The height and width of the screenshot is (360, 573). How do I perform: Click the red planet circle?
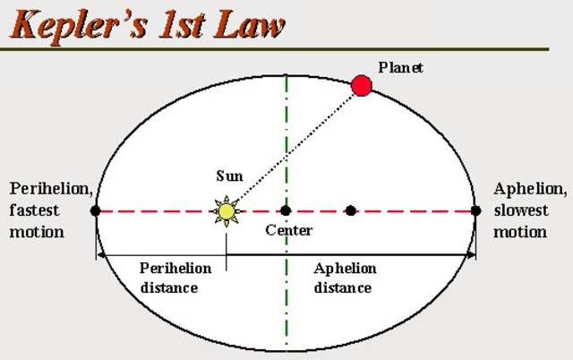pyautogui.click(x=362, y=85)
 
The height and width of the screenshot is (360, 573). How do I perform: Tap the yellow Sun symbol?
pyautogui.click(x=227, y=211)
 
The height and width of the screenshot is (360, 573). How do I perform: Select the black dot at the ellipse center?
pyautogui.click(x=286, y=211)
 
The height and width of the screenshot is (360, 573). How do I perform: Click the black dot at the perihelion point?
pyautogui.click(x=95, y=211)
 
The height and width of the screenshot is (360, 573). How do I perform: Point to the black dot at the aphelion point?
pyautogui.click(x=475, y=211)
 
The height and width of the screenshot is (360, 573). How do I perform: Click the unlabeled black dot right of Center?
pyautogui.click(x=351, y=211)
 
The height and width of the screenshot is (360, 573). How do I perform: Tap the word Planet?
pyautogui.click(x=399, y=67)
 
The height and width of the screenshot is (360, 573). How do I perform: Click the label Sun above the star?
pyautogui.click(x=229, y=176)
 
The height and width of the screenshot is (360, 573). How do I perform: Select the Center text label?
pyautogui.click(x=288, y=231)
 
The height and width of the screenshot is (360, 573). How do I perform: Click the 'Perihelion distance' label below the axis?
pyautogui.click(x=175, y=278)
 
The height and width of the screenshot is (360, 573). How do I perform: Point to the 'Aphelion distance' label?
pyautogui.click(x=345, y=278)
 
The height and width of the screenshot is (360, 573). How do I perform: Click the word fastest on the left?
pyautogui.click(x=36, y=211)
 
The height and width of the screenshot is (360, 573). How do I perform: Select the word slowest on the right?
pyautogui.click(x=521, y=211)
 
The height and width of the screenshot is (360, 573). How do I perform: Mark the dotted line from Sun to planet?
pyautogui.click(x=295, y=147)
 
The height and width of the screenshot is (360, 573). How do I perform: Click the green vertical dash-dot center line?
pyautogui.click(x=286, y=296)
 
